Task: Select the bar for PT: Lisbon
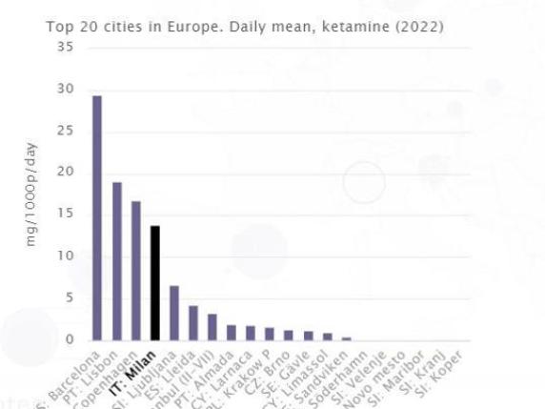(116, 260)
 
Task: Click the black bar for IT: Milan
(155, 282)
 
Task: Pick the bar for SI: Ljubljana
(174, 313)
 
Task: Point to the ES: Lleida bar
(193, 323)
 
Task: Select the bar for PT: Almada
(232, 333)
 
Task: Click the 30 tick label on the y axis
(66, 89)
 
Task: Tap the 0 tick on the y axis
(69, 340)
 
